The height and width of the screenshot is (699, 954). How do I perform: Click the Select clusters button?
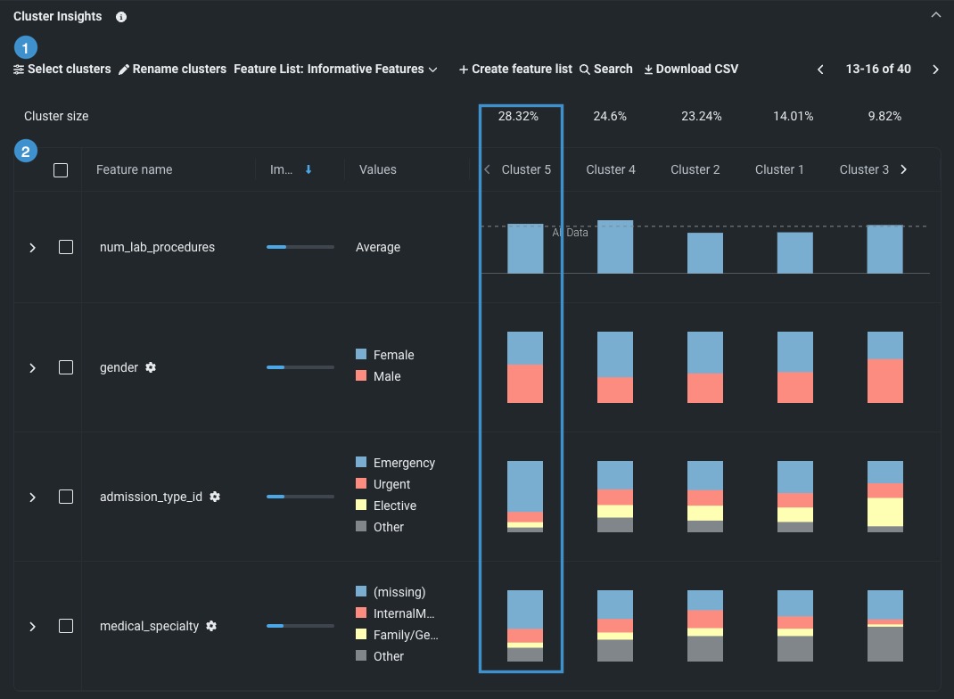(62, 69)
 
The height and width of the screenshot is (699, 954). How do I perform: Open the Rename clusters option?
(173, 69)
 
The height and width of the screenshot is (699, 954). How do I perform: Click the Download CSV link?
(691, 69)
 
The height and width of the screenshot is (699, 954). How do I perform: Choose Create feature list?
(515, 69)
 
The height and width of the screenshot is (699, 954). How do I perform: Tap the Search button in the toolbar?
(606, 69)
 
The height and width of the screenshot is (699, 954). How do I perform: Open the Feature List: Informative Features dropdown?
(335, 69)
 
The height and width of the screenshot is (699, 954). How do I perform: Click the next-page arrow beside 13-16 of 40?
(935, 70)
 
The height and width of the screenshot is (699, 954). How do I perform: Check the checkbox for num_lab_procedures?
(66, 247)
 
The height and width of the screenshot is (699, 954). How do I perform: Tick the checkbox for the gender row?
(66, 367)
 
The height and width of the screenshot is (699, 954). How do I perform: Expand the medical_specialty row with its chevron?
(33, 626)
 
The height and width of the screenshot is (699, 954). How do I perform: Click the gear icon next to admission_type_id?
(215, 497)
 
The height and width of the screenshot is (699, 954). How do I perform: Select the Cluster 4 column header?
(611, 169)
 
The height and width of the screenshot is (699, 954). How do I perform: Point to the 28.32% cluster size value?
(518, 116)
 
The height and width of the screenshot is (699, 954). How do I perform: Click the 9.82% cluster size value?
(884, 116)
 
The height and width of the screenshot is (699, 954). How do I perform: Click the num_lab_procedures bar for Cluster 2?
(705, 253)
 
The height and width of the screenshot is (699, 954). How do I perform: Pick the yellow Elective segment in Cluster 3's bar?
(885, 512)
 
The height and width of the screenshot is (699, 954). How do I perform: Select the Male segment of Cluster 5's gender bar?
(525, 383)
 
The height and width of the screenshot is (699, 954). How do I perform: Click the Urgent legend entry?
(391, 484)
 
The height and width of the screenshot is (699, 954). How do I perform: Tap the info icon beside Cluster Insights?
(121, 17)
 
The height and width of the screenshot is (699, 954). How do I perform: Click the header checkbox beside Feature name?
(61, 169)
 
